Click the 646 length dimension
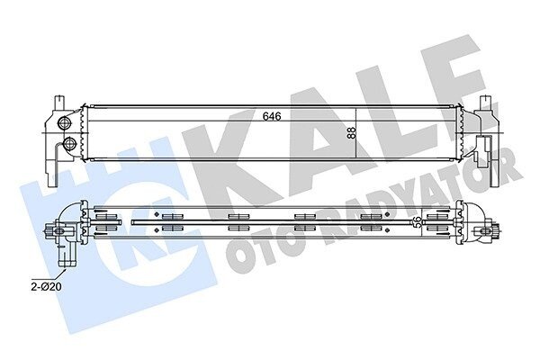pyautogui.click(x=272, y=116)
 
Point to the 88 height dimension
pyautogui.click(x=351, y=133)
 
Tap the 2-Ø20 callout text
pyautogui.click(x=46, y=286)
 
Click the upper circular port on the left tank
pyautogui.click(x=64, y=122)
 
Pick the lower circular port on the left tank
pyautogui.click(x=69, y=143)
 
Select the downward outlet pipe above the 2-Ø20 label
pyautogui.click(x=67, y=254)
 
